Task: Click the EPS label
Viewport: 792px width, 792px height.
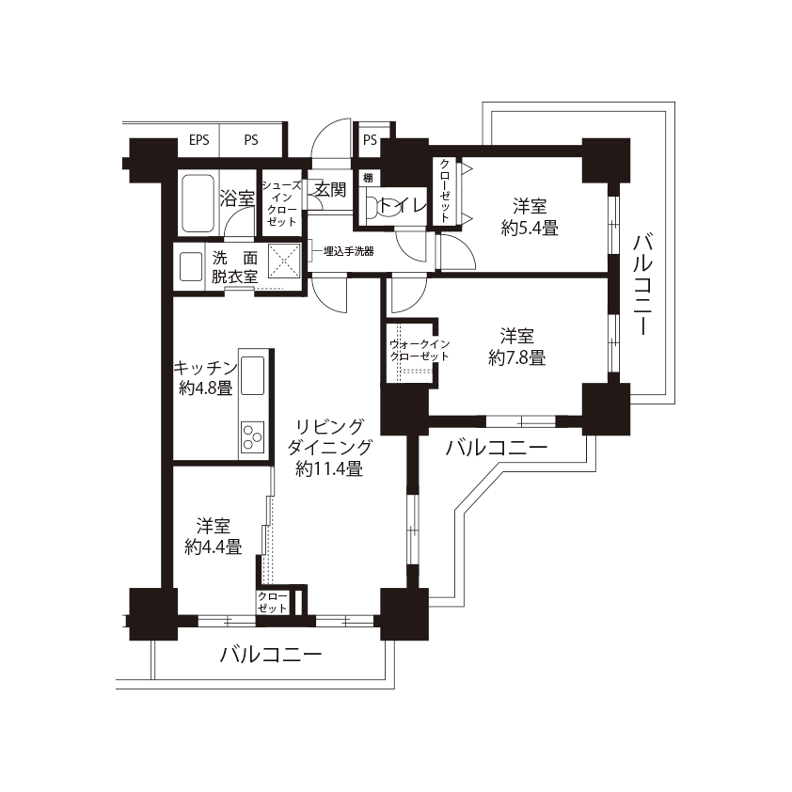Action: [199, 140]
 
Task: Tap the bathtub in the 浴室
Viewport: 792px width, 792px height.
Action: [198, 203]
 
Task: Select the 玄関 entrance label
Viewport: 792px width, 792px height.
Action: [330, 189]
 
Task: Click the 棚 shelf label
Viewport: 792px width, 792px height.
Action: [368, 178]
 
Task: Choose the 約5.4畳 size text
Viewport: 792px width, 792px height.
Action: [530, 229]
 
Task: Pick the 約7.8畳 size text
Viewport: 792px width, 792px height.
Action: [516, 357]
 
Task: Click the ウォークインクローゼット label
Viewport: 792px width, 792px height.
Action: [420, 350]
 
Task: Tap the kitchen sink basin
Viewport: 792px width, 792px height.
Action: [252, 375]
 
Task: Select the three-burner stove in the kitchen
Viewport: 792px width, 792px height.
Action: [252, 436]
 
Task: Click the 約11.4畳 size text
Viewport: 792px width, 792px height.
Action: [329, 469]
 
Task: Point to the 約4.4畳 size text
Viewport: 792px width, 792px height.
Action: [214, 546]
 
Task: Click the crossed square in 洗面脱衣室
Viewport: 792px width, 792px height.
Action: [284, 261]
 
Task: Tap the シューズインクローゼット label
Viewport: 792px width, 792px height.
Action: [282, 203]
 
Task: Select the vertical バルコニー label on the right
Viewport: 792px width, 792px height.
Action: [643, 285]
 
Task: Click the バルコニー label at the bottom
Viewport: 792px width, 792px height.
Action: [271, 655]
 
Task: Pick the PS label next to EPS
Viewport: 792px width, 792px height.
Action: [251, 140]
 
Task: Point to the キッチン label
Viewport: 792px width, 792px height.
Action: [206, 367]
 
